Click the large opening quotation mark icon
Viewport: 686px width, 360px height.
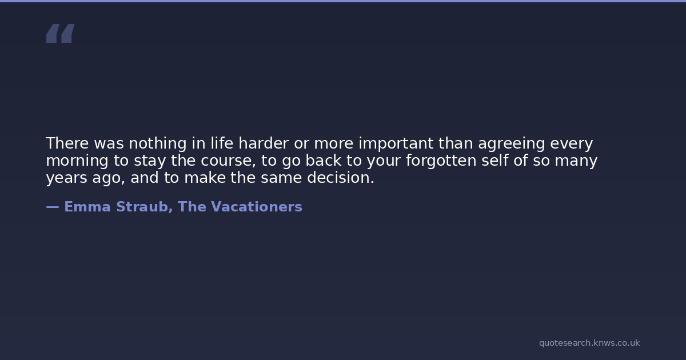[61, 33]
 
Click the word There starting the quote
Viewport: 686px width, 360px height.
[67, 143]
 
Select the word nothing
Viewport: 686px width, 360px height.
[158, 144]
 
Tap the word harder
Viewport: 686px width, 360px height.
[264, 143]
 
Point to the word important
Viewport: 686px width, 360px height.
[396, 144]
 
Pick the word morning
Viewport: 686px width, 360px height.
[77, 161]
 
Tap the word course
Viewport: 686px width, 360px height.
[228, 161]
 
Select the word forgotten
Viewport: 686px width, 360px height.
[441, 161]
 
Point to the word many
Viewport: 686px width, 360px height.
[576, 161]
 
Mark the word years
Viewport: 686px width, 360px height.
[67, 178]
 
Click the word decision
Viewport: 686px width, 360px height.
[341, 178]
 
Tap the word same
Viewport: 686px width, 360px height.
[281, 178]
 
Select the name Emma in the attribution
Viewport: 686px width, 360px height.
[87, 207]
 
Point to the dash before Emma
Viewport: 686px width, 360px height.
[53, 207]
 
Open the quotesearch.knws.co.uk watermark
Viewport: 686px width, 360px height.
[589, 343]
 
